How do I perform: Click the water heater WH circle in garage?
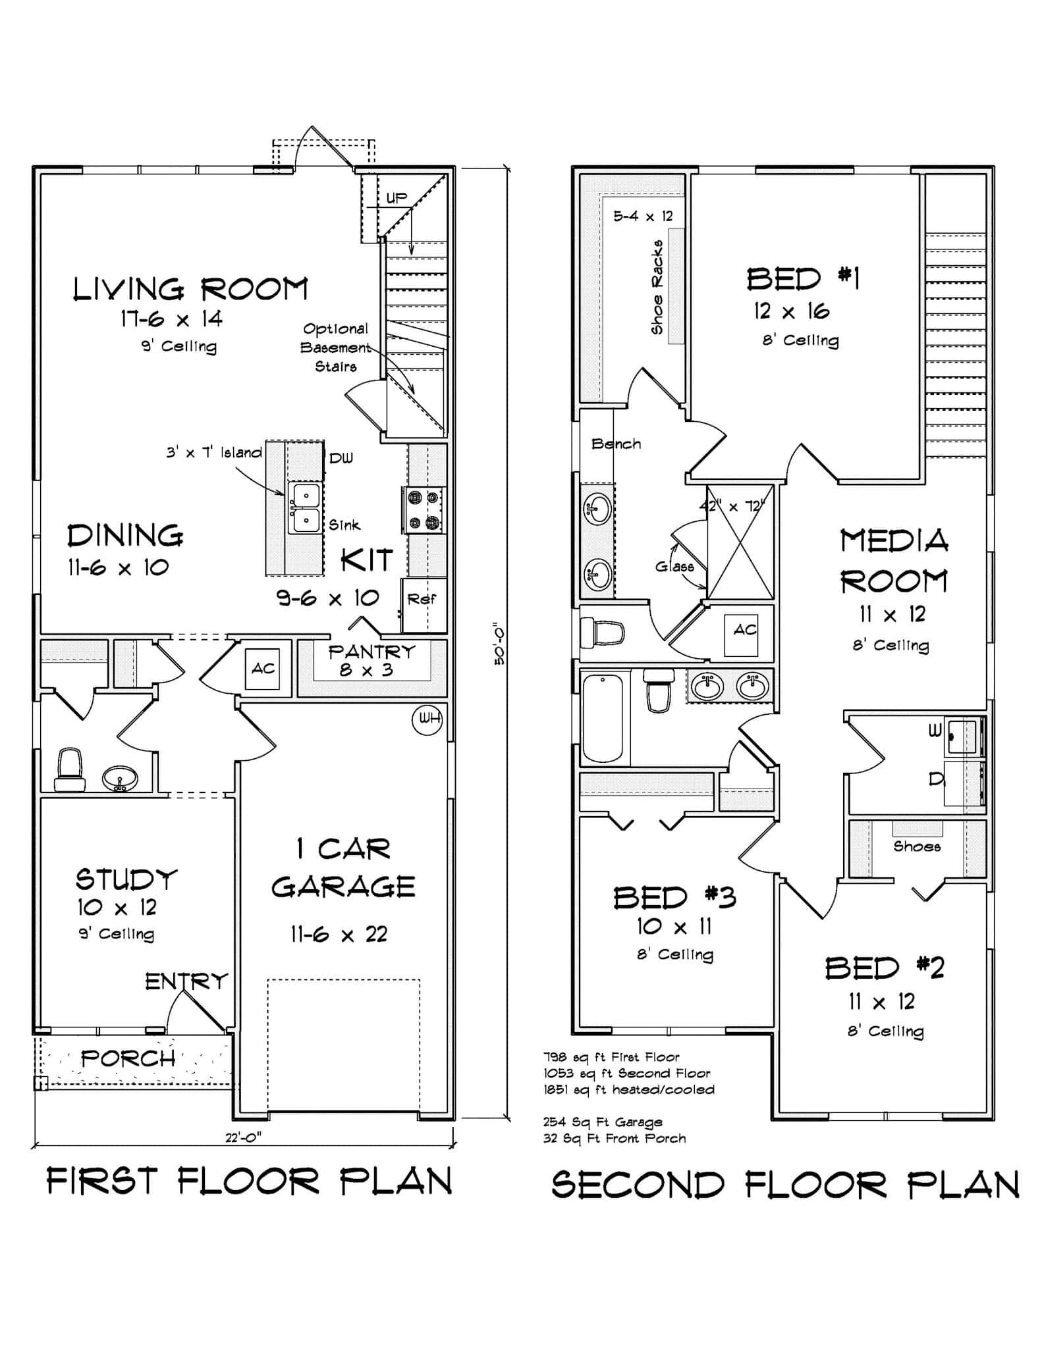tap(427, 719)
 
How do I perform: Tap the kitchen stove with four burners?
tap(424, 510)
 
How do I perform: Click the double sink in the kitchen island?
tap(304, 507)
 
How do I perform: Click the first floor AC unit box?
tap(263, 669)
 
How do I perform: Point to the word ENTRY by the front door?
tap(186, 982)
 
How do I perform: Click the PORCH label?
tap(128, 1058)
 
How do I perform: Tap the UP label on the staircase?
tap(397, 197)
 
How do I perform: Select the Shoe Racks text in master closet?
tap(657, 286)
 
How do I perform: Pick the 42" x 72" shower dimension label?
tap(731, 507)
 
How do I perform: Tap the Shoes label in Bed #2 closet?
tap(916, 846)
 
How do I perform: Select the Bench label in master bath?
tap(616, 444)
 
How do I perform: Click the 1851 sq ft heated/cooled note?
tap(628, 1089)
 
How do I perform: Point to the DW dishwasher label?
tap(341, 458)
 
